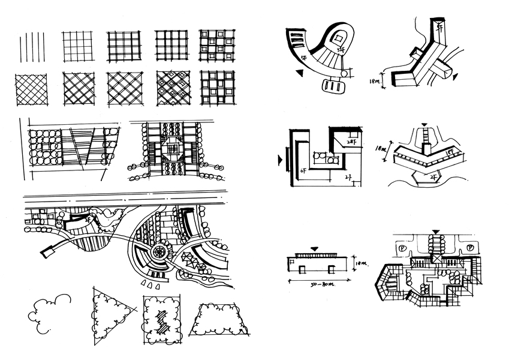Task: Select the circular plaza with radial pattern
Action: [160, 251]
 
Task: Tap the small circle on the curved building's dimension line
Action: [344, 74]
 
